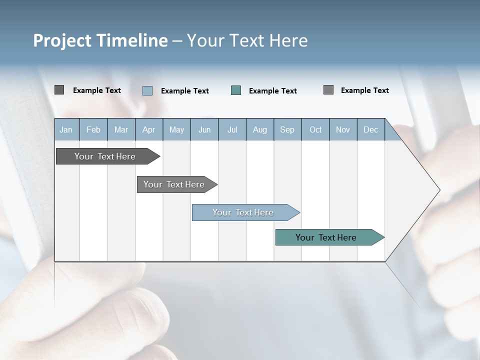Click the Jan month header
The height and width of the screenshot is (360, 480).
[66, 129]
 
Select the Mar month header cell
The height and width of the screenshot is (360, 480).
[121, 129]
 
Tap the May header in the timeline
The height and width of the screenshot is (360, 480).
[176, 129]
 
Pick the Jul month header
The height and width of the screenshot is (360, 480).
[232, 129]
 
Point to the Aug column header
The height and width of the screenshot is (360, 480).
[260, 129]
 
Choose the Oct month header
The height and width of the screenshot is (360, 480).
[315, 129]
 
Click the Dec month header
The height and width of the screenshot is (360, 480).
[370, 129]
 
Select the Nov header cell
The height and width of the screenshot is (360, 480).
[343, 129]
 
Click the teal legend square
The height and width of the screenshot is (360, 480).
[236, 90]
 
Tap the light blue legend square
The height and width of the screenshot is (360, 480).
[147, 90]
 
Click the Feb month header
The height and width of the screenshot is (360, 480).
[93, 129]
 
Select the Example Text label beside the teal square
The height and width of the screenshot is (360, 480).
[272, 90]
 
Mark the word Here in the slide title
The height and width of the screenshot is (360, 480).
[288, 40]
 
